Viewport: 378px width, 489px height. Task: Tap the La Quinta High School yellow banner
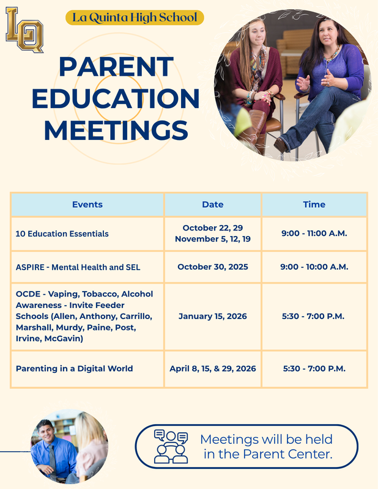tap(135, 18)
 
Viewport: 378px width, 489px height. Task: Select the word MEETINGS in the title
tap(116, 130)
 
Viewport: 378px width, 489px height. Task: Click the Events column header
tap(87, 205)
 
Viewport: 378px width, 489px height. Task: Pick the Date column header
tap(212, 205)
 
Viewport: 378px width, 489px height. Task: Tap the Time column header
tap(314, 205)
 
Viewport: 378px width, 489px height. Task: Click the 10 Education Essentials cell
tap(62, 233)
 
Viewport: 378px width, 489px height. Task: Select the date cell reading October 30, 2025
tap(212, 267)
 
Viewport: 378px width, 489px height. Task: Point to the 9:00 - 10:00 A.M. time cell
tap(314, 267)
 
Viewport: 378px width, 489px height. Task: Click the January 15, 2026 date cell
tap(212, 317)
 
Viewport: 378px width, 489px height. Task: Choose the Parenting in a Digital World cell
tap(74, 369)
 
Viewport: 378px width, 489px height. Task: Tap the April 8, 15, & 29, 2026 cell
tap(212, 369)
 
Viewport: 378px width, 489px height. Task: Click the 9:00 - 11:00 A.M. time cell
tap(314, 233)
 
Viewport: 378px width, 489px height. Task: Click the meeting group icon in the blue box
tap(171, 446)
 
